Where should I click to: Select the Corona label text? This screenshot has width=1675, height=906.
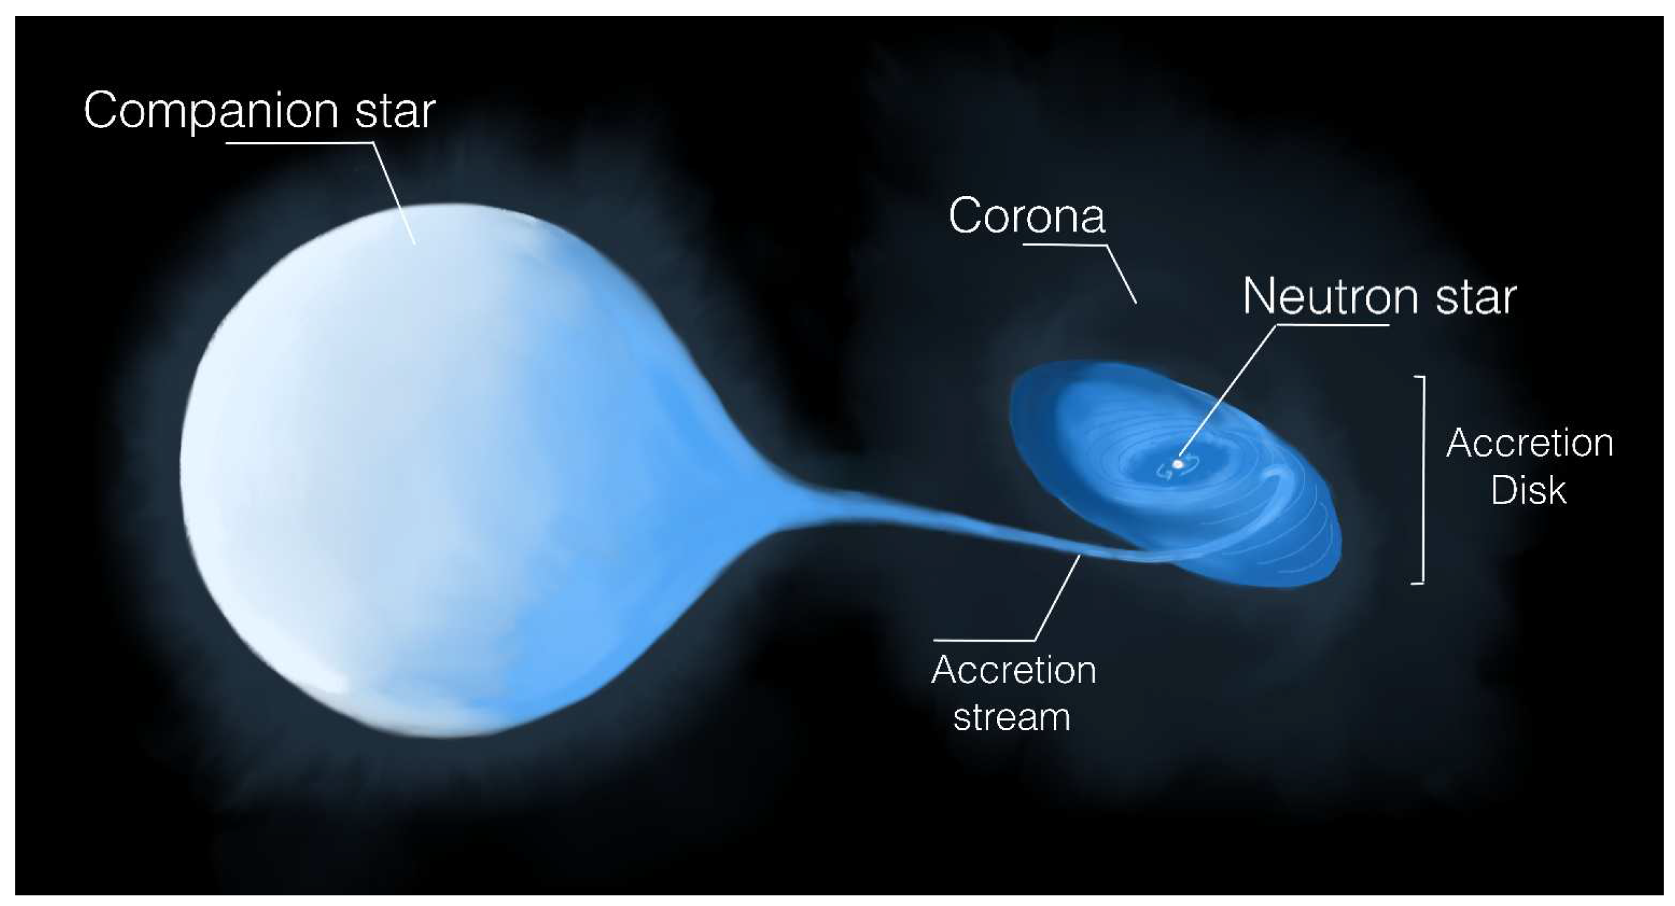pos(1027,216)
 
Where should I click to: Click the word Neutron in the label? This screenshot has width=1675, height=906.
pos(1330,296)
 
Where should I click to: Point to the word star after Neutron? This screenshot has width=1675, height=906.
pos(1476,298)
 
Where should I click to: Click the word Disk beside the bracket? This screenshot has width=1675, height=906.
pos(1528,490)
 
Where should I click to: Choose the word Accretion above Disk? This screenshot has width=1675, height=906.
pos(1530,443)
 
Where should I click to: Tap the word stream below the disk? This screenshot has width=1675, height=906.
pos(1012,718)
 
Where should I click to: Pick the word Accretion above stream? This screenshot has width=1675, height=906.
pos(1014,670)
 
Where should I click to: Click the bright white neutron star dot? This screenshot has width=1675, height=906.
pos(1178,464)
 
